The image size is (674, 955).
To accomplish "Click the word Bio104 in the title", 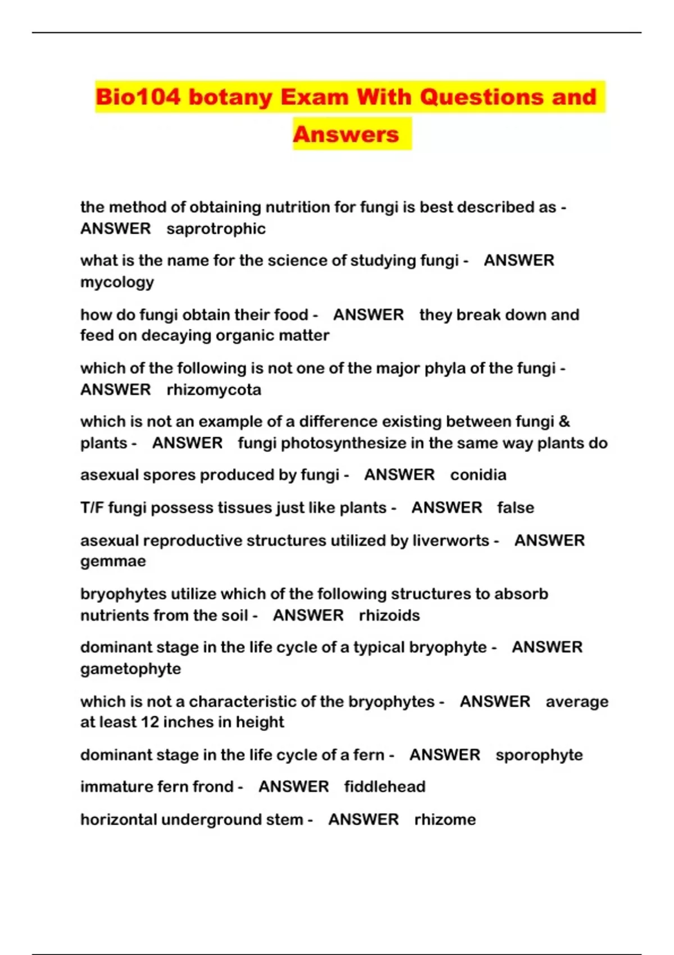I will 138,97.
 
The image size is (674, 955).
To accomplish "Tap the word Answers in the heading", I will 346,134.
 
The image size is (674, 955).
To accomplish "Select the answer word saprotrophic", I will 216,229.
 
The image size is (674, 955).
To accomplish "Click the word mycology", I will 117,282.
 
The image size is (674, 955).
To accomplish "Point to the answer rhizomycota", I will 214,389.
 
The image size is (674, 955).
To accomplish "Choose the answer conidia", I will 478,475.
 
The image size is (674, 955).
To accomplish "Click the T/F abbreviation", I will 92,507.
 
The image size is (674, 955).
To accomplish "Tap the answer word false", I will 515,507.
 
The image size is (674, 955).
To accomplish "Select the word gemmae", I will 113,561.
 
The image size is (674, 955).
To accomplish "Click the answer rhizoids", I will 389,615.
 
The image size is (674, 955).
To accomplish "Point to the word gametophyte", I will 130,669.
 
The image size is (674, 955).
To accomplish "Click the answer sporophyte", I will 539,754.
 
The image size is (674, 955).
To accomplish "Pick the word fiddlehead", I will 385,786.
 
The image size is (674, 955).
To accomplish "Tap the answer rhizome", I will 445,819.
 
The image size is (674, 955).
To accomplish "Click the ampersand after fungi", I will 564,421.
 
